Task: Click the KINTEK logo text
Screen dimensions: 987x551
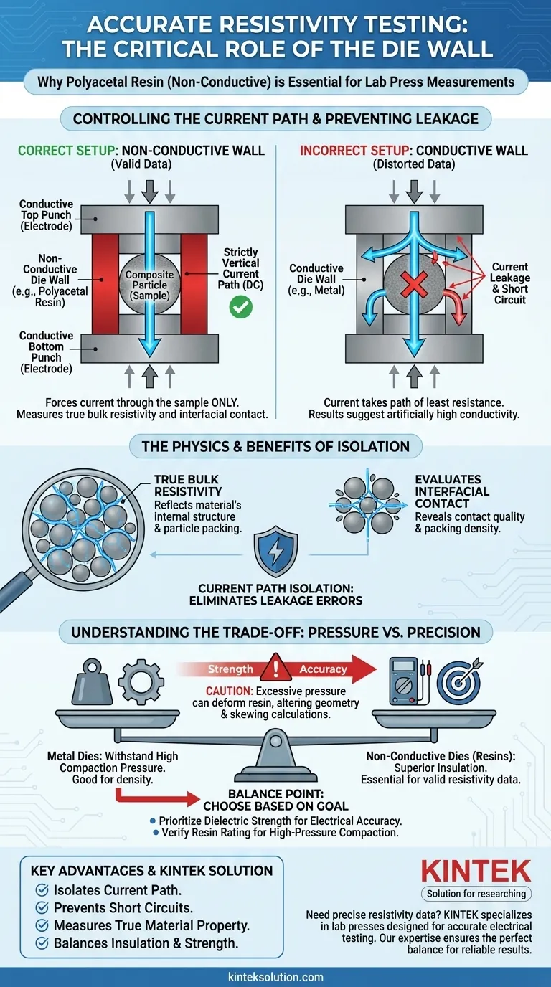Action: coord(476,871)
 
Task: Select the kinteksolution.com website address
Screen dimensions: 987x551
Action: coord(275,977)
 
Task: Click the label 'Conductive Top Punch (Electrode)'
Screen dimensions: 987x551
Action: coord(46,214)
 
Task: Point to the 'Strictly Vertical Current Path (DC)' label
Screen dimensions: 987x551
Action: coord(240,268)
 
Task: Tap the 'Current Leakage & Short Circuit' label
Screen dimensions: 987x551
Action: coord(510,283)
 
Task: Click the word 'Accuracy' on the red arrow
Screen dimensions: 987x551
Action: coord(323,669)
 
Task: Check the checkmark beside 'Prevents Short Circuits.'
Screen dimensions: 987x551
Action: coord(42,907)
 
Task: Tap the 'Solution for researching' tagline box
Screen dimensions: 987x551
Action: coord(476,893)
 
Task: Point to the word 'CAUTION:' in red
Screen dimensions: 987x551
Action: coord(227,690)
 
